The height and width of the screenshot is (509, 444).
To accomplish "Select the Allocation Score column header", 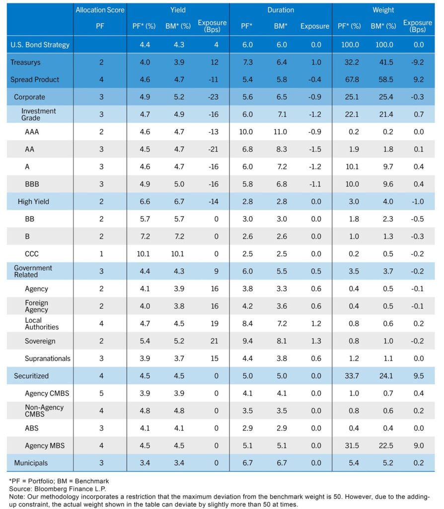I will coord(100,10).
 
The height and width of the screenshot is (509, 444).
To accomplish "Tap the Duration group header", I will coord(280,10).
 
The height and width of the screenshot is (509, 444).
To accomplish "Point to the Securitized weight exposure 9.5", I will coord(418,376).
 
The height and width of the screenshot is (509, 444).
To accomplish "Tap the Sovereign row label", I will coord(40,341).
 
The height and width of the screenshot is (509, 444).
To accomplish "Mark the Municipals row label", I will coord(31,463).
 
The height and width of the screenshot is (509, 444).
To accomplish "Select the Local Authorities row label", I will coord(42,324).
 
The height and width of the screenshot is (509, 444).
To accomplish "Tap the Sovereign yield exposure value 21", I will coord(215,341).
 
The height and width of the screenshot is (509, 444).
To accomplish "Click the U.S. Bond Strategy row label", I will coord(40,44).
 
